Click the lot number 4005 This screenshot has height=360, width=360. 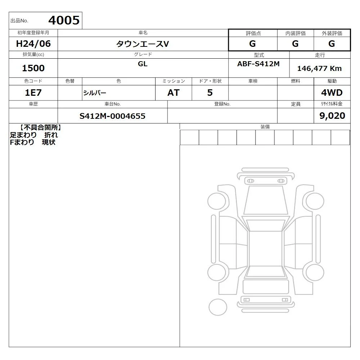point(64,20)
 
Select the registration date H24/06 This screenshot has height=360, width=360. point(33,44)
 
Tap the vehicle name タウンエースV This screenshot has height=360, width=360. point(143,44)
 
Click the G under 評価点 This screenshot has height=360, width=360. point(252,44)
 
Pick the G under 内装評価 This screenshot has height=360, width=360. point(295,44)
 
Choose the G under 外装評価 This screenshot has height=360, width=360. point(332,44)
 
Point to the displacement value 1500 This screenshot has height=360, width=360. point(33,68)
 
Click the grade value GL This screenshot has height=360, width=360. point(143,64)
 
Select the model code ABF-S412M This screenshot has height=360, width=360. point(258,64)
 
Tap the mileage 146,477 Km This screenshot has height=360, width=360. point(319,68)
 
